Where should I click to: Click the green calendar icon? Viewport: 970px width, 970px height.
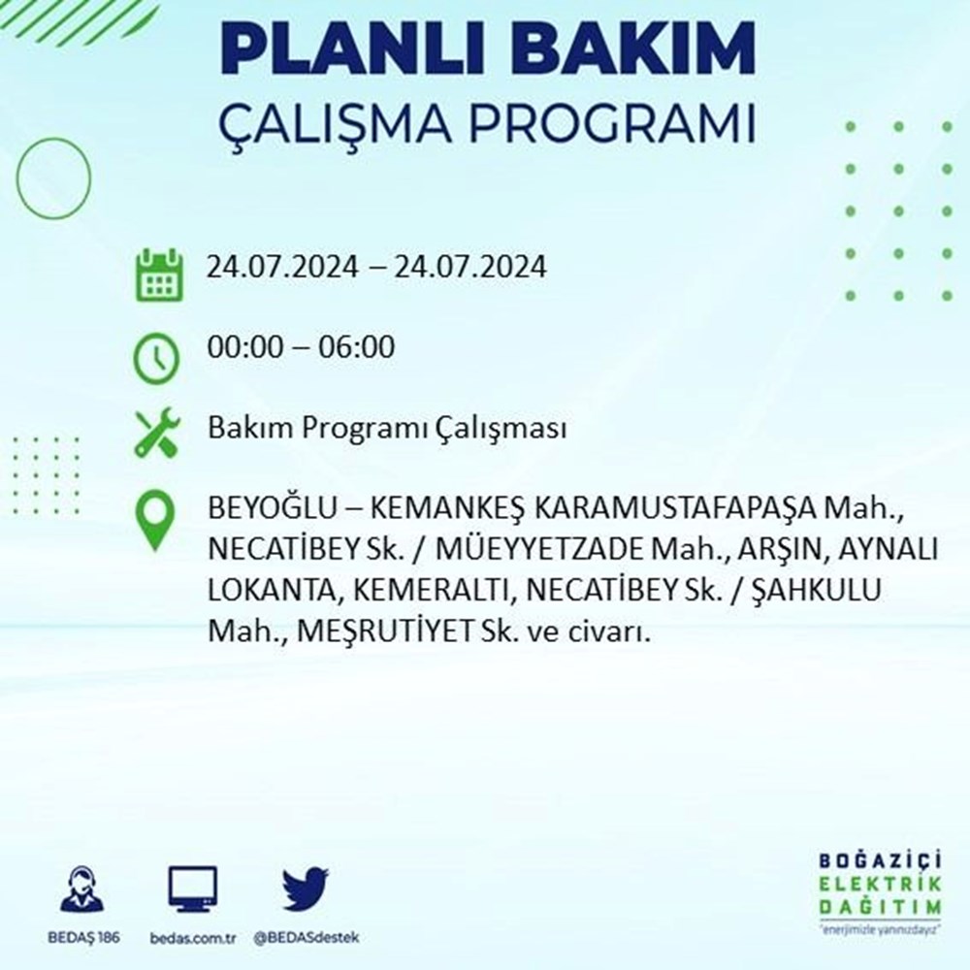pyautogui.click(x=159, y=275)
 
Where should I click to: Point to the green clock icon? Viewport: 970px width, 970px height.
pyautogui.click(x=156, y=359)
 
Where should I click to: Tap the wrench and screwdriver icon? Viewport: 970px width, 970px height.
pyautogui.click(x=157, y=433)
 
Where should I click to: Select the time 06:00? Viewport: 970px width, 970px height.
pyautogui.click(x=356, y=347)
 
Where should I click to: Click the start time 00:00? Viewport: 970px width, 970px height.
pyautogui.click(x=245, y=347)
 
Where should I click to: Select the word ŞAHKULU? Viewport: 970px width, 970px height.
pyautogui.click(x=816, y=590)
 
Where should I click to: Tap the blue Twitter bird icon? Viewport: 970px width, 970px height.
pyautogui.click(x=306, y=889)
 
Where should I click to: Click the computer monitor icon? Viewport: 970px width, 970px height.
pyautogui.click(x=193, y=889)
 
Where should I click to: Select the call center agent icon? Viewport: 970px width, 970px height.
pyautogui.click(x=82, y=889)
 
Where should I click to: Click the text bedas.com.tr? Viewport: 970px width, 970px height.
pyautogui.click(x=193, y=938)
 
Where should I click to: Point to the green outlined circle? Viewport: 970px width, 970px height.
pyautogui.click(x=17, y=178)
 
